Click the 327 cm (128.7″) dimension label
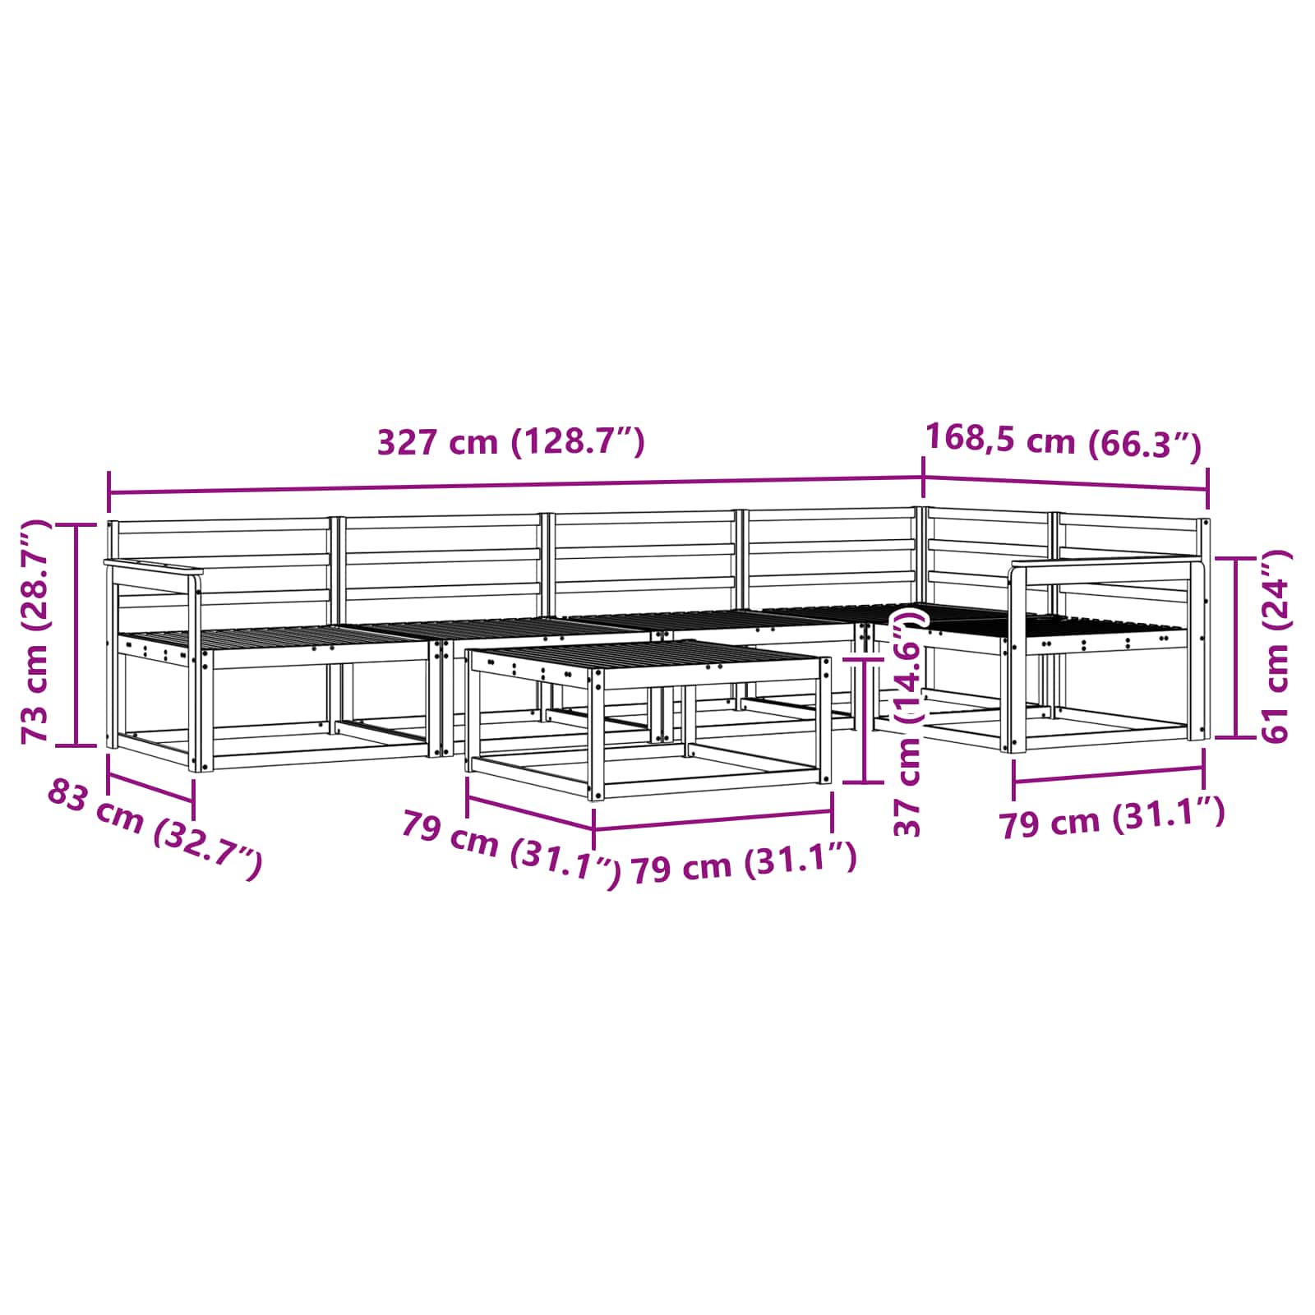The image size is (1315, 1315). pos(510,442)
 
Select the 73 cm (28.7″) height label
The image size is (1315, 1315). pos(35,631)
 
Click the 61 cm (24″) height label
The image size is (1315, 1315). pos(1276,647)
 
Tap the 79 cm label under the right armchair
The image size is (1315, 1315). pos(1112,817)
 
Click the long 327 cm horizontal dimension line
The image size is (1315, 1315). pos(515,485)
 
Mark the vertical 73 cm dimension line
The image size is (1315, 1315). pos(76,635)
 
